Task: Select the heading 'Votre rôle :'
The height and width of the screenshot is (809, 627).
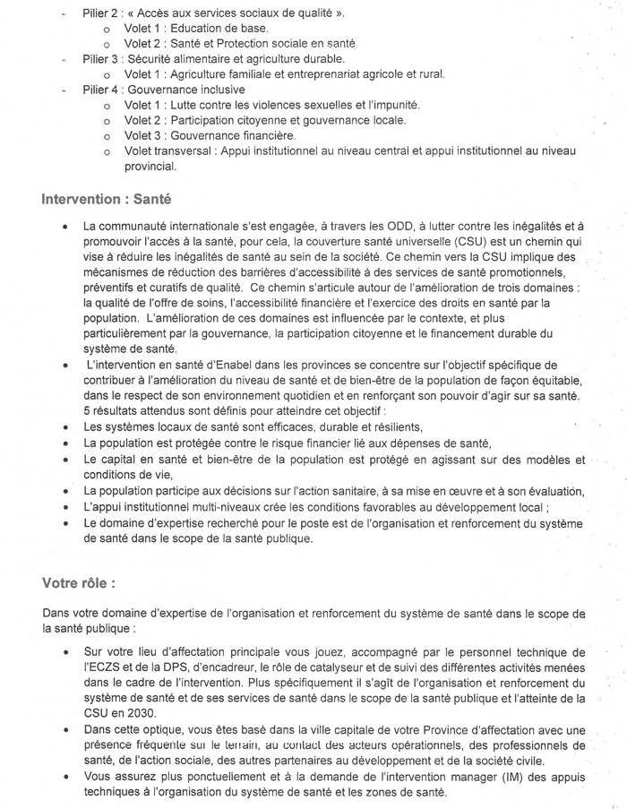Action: (78, 582)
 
